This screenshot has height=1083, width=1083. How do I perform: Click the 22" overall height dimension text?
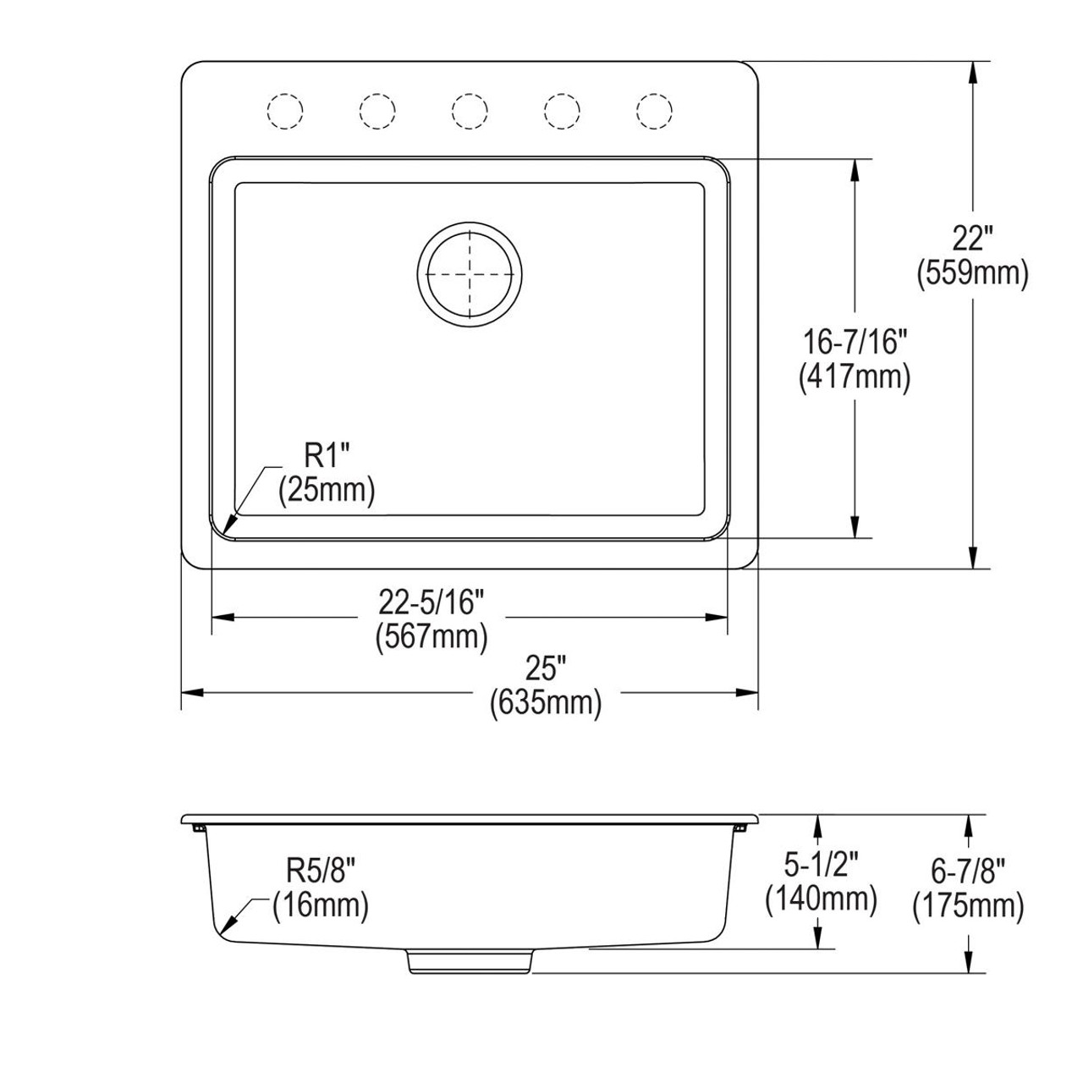pos(972,239)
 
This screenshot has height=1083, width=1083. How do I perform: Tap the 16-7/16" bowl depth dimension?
pos(855,343)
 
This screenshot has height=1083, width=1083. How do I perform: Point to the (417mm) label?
pos(855,377)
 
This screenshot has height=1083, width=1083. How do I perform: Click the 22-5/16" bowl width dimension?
pos(432,602)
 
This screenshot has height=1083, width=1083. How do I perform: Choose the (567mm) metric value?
pos(432,635)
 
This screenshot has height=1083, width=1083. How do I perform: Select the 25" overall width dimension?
pos(546,670)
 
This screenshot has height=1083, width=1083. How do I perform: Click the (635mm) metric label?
pos(546,703)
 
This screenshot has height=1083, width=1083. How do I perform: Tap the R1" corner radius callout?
pos(327,458)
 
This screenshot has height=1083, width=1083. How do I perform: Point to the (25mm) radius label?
pos(327,490)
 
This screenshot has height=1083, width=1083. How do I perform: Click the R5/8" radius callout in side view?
pos(321,871)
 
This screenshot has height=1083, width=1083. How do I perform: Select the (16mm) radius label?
pos(321,905)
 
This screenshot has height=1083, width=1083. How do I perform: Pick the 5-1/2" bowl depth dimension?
pos(821,865)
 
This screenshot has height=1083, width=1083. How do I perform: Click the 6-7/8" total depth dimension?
pos(969,871)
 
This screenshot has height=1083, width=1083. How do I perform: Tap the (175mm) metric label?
pos(969,906)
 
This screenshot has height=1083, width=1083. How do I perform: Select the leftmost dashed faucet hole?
pos(284,110)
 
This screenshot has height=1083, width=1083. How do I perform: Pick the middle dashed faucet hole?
pos(470,110)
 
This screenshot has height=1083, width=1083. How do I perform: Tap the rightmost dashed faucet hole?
pos(654,110)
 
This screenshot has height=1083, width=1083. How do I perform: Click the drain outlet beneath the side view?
pos(470,961)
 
